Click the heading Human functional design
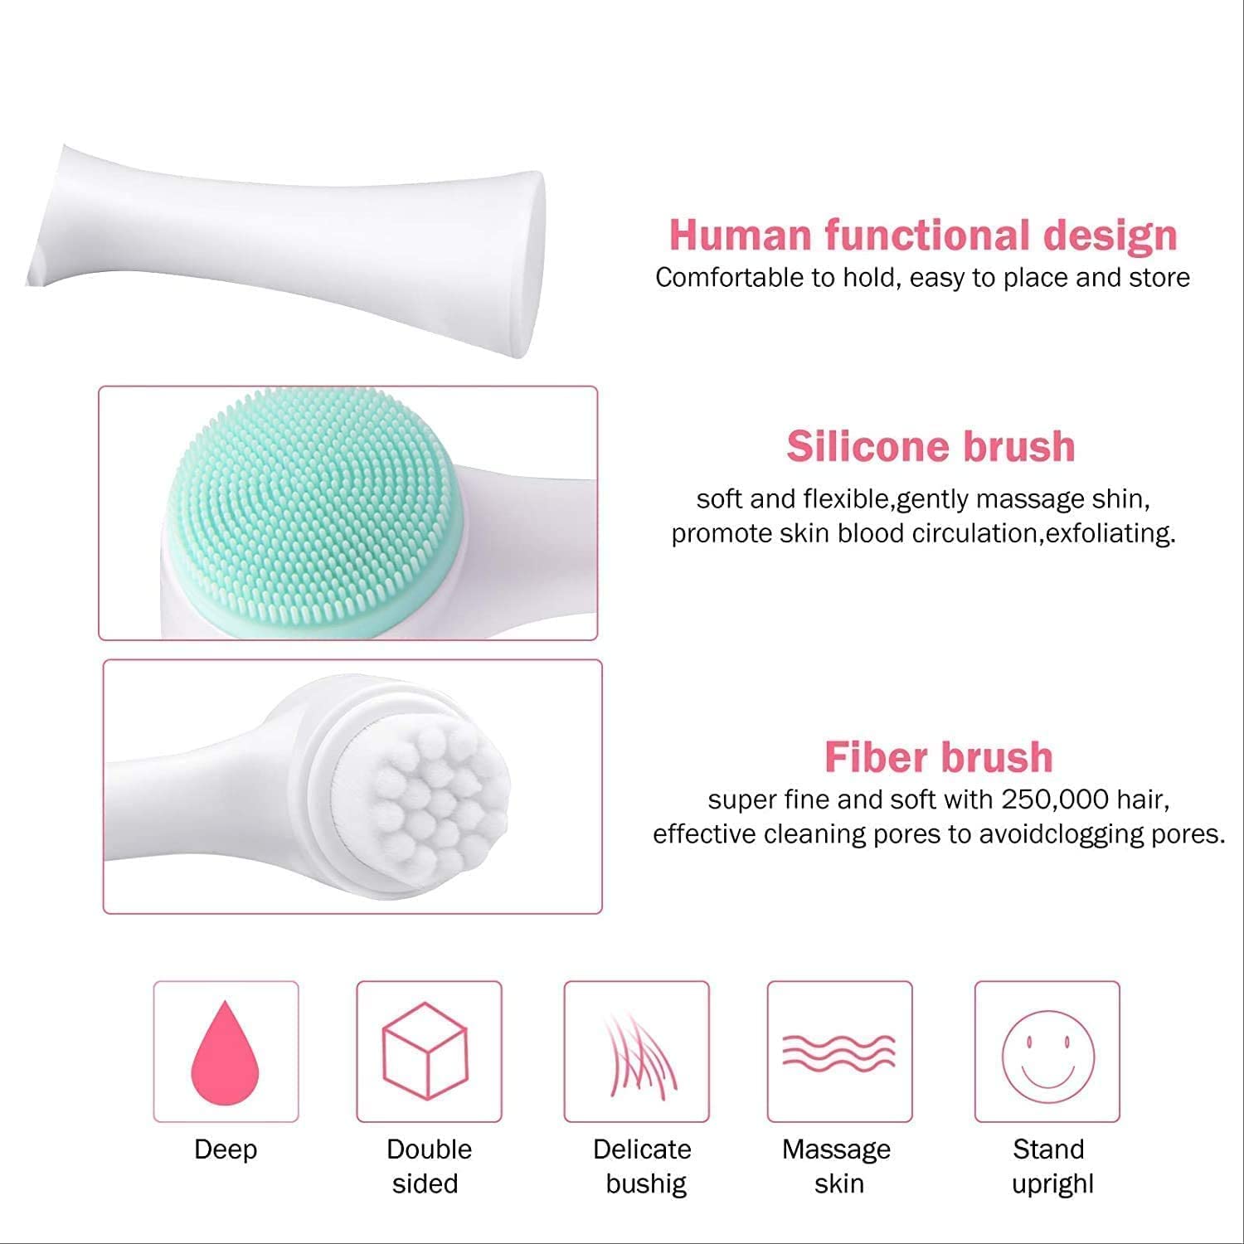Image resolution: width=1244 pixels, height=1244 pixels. click(x=923, y=235)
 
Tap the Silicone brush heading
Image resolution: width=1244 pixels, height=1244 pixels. click(x=931, y=446)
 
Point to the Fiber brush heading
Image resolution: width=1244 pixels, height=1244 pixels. click(x=939, y=756)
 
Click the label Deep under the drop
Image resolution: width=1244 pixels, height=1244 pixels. click(x=226, y=1149)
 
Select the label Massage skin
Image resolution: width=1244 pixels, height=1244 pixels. click(x=838, y=1166)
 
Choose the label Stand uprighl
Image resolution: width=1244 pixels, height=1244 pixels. click(x=1050, y=1166)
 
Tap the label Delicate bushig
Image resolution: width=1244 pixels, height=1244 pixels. click(x=643, y=1166)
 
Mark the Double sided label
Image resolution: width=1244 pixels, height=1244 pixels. click(x=429, y=1166)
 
